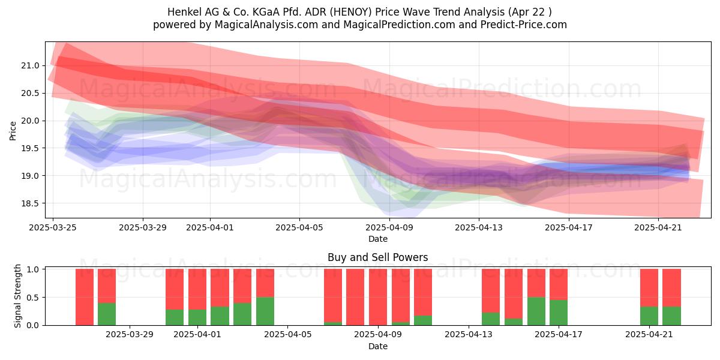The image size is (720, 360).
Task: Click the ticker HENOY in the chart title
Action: click(x=352, y=12)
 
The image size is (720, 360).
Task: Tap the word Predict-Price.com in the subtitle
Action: click(x=524, y=25)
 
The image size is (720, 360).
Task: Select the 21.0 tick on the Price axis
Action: click(x=30, y=65)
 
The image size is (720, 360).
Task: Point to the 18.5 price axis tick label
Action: click(x=30, y=203)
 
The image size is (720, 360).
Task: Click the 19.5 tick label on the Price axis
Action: click(x=30, y=148)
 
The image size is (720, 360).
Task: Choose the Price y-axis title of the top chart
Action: click(x=13, y=131)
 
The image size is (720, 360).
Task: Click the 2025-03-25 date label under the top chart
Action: click(x=53, y=227)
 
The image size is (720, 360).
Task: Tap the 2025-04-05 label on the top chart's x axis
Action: click(x=299, y=227)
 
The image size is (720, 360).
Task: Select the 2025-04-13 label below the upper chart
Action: click(x=479, y=227)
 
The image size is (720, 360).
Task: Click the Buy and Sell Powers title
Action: click(x=377, y=257)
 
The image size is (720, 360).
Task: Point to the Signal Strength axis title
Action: click(x=17, y=296)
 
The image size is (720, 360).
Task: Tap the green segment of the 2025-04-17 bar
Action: click(x=559, y=313)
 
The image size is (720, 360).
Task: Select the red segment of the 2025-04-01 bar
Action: click(x=197, y=289)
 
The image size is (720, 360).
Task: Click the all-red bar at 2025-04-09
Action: click(x=378, y=297)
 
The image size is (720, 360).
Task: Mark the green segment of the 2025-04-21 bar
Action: click(x=649, y=316)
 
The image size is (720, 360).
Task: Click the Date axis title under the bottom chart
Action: click(x=377, y=346)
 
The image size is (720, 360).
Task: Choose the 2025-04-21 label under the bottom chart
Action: click(x=649, y=335)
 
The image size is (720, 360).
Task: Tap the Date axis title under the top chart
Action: click(x=377, y=239)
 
